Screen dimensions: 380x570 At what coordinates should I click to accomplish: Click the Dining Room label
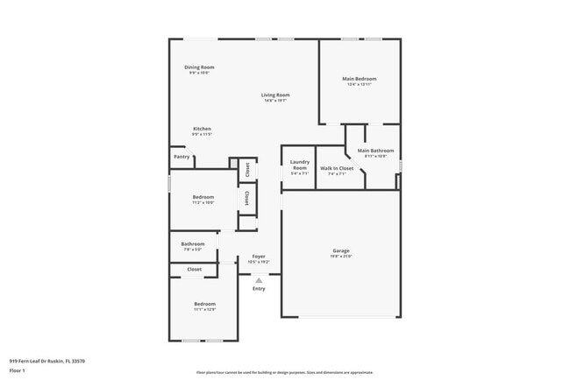click(x=199, y=67)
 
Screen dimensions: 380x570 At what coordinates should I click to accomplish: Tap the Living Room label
click(x=275, y=95)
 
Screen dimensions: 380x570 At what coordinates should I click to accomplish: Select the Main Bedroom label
click(x=360, y=79)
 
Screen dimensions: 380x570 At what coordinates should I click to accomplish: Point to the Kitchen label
click(x=202, y=129)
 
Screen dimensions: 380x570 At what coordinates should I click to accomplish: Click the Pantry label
click(x=182, y=157)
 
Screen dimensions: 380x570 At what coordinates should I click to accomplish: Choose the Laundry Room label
click(x=300, y=164)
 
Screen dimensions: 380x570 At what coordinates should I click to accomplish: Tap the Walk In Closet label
click(x=337, y=167)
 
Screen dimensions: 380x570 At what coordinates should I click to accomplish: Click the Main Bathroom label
click(x=375, y=151)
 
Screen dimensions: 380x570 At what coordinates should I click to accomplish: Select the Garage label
click(x=341, y=250)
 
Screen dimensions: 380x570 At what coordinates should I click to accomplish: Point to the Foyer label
click(x=259, y=257)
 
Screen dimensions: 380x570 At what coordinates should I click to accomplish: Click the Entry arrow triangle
click(x=259, y=280)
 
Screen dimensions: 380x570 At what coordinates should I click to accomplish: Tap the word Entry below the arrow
click(x=259, y=289)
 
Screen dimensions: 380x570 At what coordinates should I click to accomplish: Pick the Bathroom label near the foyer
click(x=193, y=243)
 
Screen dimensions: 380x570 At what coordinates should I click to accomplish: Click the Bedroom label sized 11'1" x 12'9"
click(x=203, y=304)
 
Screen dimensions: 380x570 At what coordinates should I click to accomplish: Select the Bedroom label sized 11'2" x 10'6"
click(x=203, y=197)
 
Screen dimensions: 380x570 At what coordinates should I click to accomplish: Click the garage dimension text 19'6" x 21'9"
click(x=341, y=257)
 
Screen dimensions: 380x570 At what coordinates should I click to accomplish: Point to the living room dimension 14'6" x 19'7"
click(x=275, y=101)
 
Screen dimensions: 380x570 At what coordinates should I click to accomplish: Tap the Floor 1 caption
click(x=18, y=370)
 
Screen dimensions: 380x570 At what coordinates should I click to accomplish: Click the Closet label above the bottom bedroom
click(x=195, y=270)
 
